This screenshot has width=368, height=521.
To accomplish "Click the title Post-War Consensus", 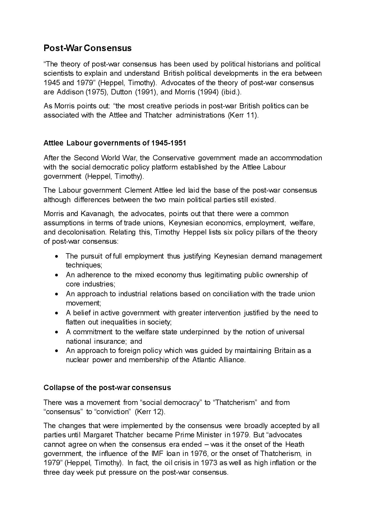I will pos(87,48).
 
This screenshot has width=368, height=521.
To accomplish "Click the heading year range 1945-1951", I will pos(169,143).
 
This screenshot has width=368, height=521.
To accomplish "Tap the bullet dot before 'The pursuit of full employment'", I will pos(57,256).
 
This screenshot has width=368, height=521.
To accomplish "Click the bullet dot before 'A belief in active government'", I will pos(57,313).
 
